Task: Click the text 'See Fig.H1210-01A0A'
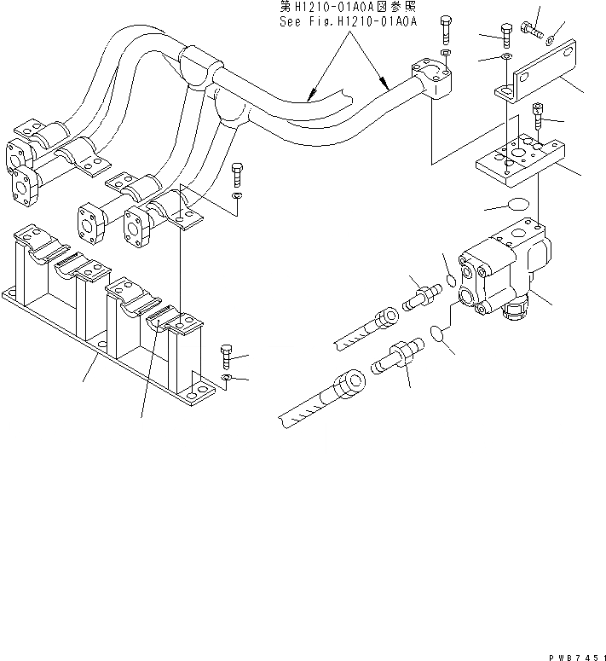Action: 348,22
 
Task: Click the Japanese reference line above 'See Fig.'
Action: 348,8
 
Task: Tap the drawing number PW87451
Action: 575,653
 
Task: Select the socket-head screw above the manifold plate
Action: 538,113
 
